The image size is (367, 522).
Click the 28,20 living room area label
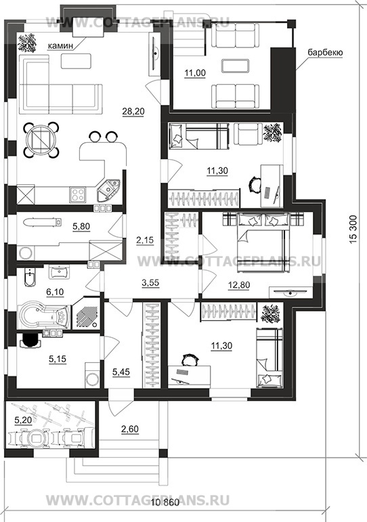click(133, 112)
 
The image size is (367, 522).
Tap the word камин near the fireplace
click(60, 45)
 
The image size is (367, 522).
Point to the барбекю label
click(325, 53)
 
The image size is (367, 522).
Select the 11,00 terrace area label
click(195, 73)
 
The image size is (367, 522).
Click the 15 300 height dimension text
click(353, 229)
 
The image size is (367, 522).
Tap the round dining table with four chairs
click(41, 140)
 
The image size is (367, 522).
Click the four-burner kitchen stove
click(77, 194)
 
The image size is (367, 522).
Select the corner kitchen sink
click(108, 190)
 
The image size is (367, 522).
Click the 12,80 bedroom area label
click(239, 285)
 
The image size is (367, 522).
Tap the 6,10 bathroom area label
click(55, 292)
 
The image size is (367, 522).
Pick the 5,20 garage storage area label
click(23, 420)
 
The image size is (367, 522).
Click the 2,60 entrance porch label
click(130, 429)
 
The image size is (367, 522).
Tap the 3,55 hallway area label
click(150, 283)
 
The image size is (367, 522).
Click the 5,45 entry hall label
click(121, 372)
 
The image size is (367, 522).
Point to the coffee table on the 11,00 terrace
click(235, 66)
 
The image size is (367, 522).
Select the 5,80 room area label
click(81, 226)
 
